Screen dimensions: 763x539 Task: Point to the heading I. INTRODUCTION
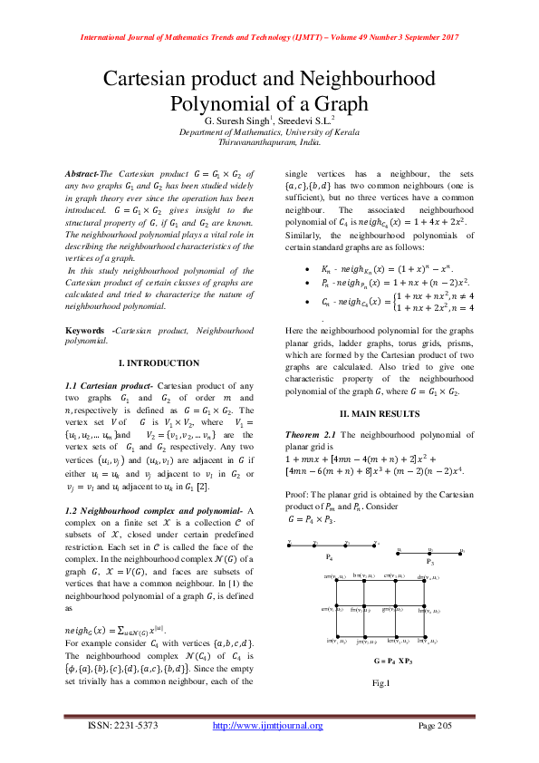coord(159,362)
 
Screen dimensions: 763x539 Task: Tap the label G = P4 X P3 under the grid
coord(392,662)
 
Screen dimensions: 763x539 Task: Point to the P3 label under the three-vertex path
coord(429,561)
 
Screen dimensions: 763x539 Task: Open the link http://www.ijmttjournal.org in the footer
coord(267,726)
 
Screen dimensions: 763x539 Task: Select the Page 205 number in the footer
coord(438,726)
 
